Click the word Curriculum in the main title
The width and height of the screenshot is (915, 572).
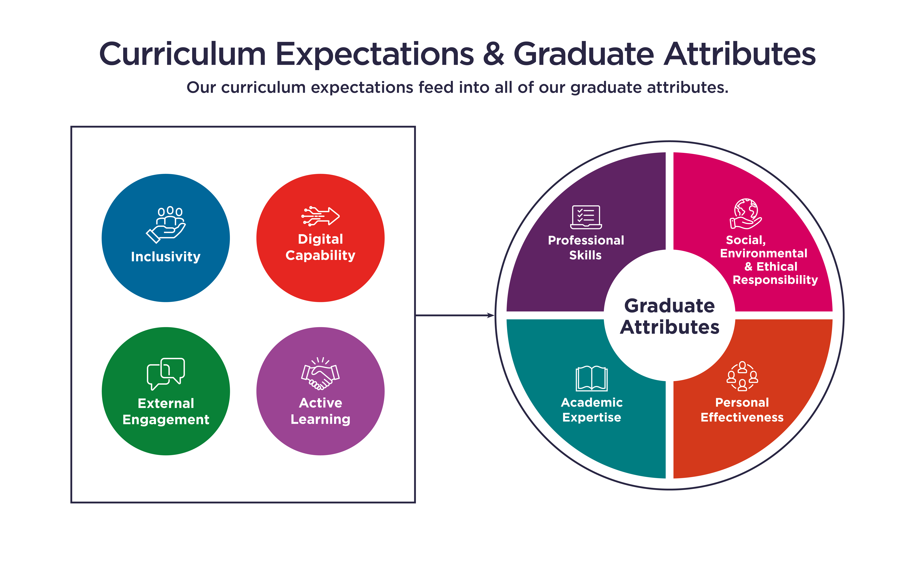183,54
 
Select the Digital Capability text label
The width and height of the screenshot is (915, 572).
320,247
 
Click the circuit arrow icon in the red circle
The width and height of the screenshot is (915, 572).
320,216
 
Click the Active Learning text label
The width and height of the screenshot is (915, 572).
320,411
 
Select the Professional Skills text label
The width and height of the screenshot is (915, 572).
586,247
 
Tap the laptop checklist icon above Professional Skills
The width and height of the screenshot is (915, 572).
586,217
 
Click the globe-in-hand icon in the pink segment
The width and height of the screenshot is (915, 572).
746,214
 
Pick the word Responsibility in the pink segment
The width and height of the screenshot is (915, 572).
775,280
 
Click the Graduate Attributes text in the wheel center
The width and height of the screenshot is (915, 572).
669,316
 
